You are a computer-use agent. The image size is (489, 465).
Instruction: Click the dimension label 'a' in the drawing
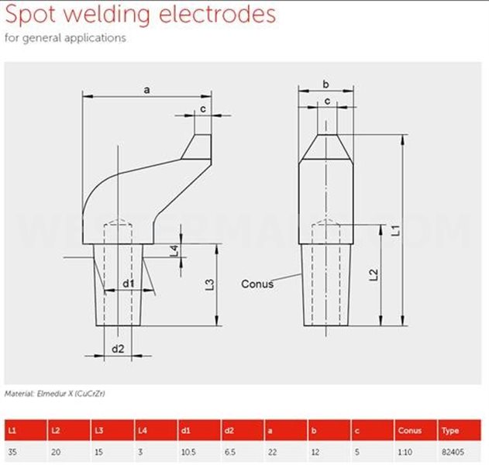(x=146, y=90)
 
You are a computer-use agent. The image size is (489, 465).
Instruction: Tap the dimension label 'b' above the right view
(x=325, y=84)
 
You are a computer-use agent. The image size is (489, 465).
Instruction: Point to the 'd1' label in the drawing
(x=128, y=284)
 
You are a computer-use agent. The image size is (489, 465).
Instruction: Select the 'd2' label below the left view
(x=118, y=349)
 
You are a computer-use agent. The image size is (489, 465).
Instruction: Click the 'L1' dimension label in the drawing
(x=396, y=230)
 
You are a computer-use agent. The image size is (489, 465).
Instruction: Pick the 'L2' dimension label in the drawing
(x=374, y=275)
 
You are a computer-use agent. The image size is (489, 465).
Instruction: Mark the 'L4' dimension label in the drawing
(x=174, y=251)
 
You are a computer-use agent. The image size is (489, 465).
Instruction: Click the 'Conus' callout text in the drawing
(x=257, y=284)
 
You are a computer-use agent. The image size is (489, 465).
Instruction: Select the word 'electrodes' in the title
(x=217, y=14)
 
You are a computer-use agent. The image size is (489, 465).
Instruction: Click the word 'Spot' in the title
(x=30, y=15)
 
